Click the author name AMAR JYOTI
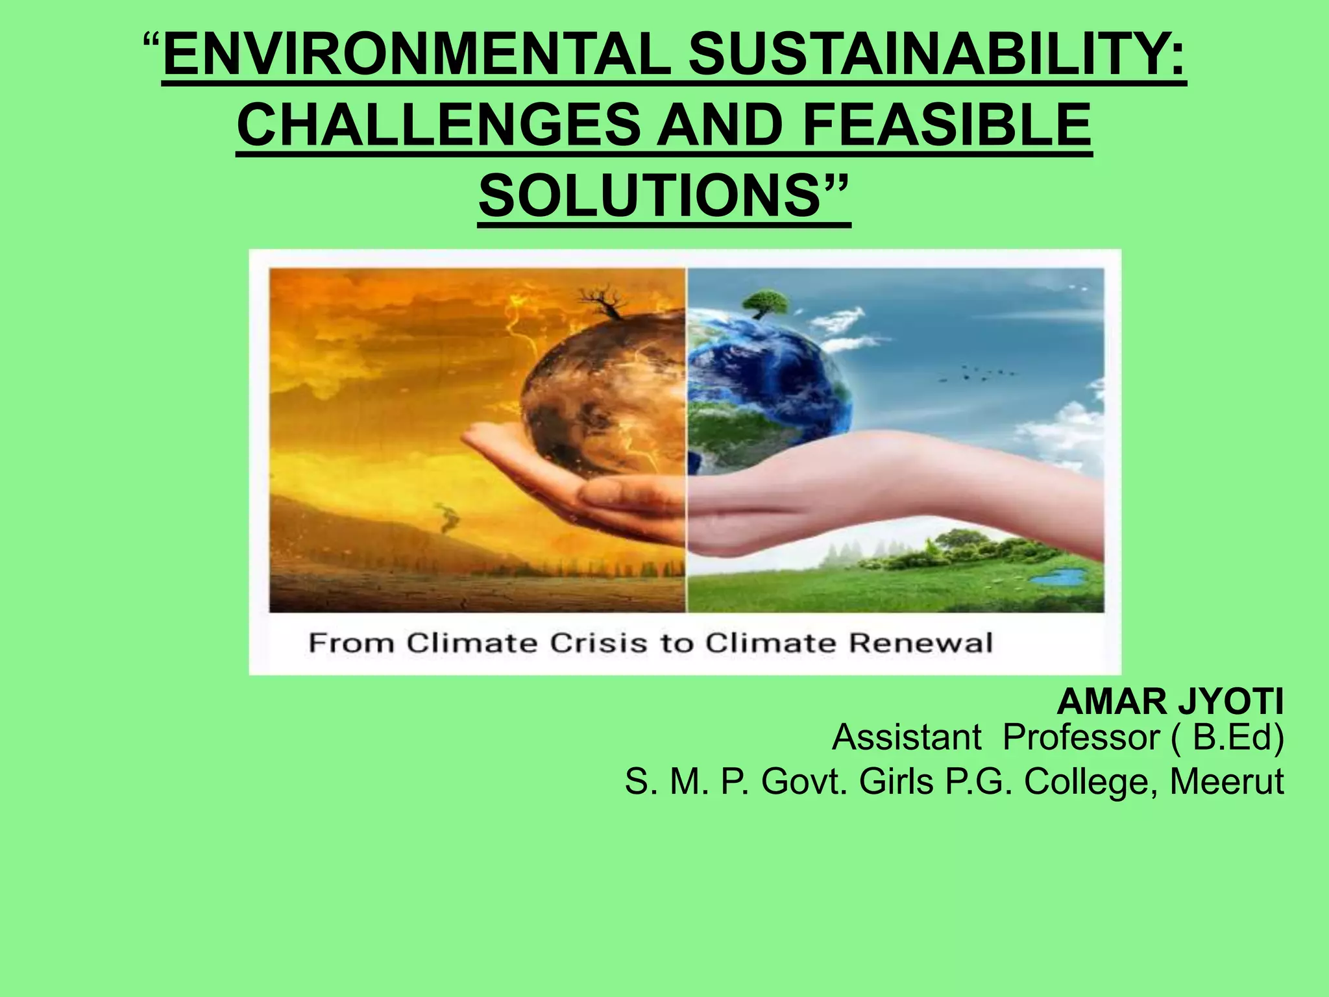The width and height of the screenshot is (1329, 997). (x=1170, y=702)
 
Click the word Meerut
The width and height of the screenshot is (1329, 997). (x=1226, y=782)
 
